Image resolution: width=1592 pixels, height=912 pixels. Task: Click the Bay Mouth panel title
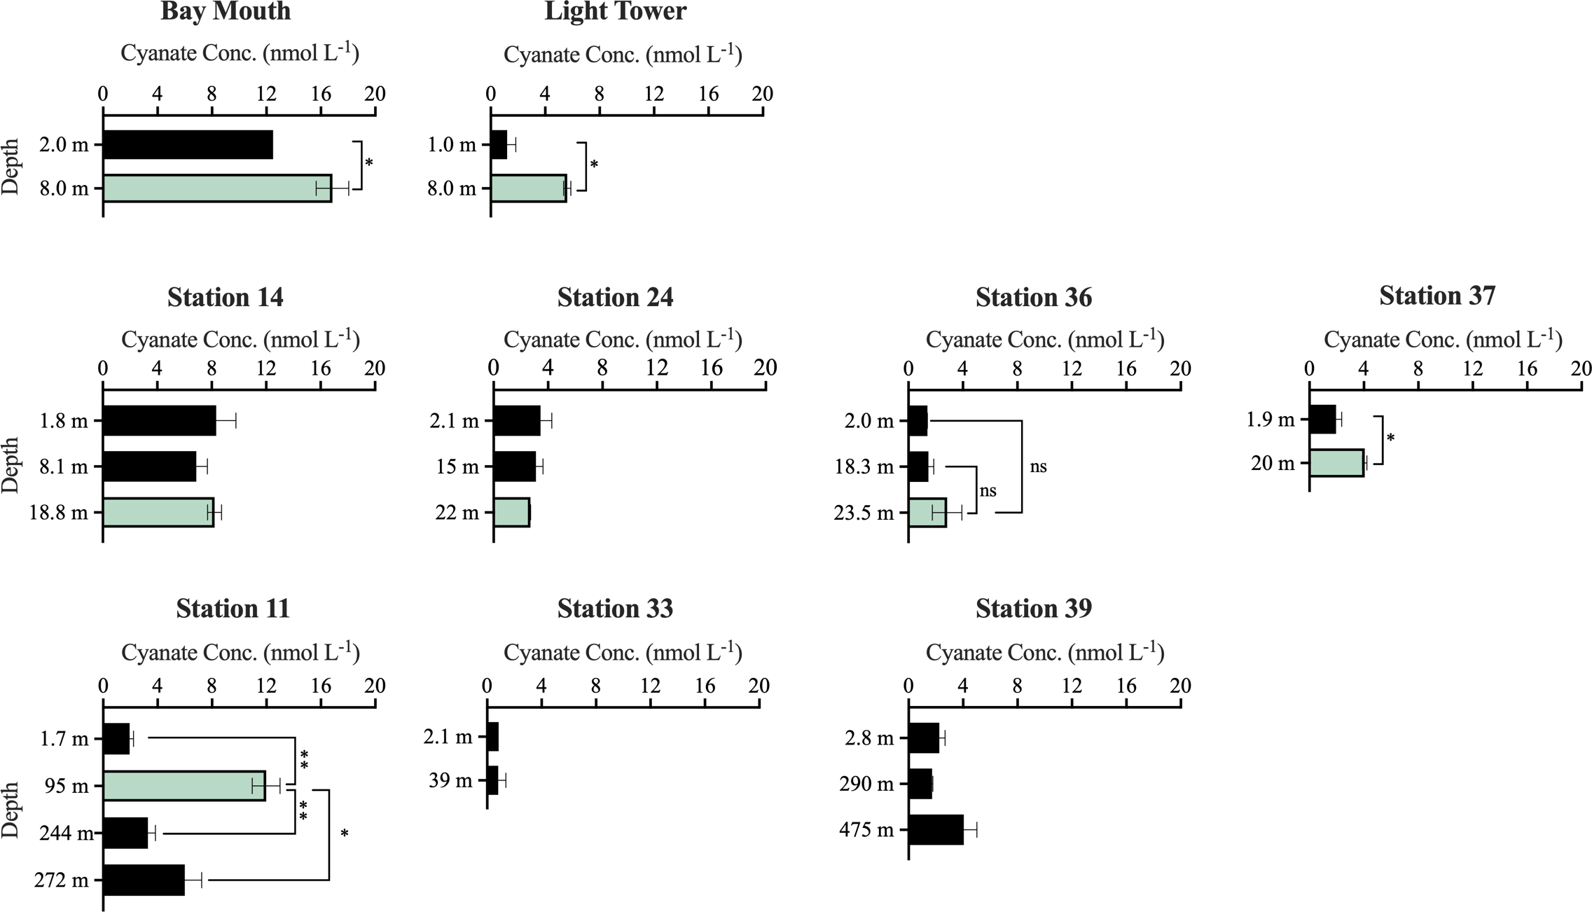226,12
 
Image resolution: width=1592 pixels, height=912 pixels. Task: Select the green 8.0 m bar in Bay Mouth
217,188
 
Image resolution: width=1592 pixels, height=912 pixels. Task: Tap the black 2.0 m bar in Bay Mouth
188,145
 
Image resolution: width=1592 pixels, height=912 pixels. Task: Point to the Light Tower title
615,12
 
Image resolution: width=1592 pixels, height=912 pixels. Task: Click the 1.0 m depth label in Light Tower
452,145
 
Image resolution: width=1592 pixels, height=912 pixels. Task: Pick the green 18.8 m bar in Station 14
158,513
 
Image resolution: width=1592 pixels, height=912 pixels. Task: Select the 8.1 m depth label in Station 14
64,467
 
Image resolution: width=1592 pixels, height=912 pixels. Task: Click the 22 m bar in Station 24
511,513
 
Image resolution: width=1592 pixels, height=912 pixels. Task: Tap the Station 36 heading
1033,298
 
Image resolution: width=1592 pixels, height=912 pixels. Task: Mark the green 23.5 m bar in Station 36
927,513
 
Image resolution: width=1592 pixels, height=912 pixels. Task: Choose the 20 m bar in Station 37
1336,463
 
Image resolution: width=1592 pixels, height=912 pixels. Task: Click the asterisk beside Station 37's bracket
1391,439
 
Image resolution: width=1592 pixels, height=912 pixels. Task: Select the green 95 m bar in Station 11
184,786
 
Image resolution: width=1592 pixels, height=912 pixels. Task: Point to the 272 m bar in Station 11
144,880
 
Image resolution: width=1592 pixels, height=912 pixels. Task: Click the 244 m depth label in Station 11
66,834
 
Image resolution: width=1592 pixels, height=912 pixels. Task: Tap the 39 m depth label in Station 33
450,780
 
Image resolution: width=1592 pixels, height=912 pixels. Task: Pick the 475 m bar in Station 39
936,830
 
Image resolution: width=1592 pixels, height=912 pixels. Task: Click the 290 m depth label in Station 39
866,784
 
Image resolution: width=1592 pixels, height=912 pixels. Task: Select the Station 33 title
615,609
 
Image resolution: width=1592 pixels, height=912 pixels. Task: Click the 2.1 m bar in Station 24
517,421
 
